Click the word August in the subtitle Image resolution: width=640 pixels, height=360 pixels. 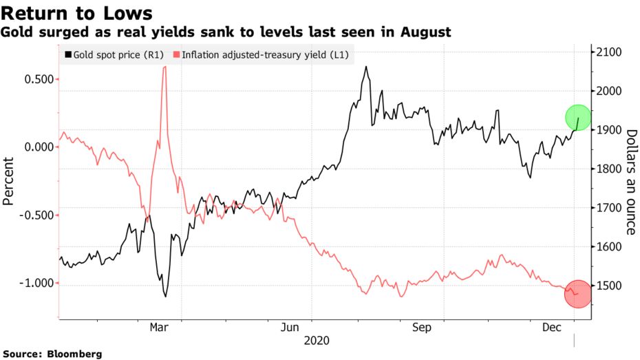click(x=426, y=32)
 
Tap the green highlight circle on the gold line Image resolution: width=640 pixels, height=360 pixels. click(x=577, y=118)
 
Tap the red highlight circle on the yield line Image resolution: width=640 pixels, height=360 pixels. click(x=577, y=294)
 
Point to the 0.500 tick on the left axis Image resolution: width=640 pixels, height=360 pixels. click(x=39, y=78)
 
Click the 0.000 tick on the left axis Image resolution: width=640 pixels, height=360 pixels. click(x=39, y=147)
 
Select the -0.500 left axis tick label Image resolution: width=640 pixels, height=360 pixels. click(x=36, y=215)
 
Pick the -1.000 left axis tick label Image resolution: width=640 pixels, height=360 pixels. click(x=36, y=283)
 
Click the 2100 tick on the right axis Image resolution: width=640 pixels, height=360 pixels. click(x=609, y=53)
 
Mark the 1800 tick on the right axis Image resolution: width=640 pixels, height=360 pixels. click(x=609, y=169)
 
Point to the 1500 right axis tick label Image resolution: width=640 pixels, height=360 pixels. click(x=609, y=286)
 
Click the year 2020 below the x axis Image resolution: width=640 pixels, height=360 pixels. click(x=317, y=341)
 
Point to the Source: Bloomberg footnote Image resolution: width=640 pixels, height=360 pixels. click(x=53, y=354)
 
